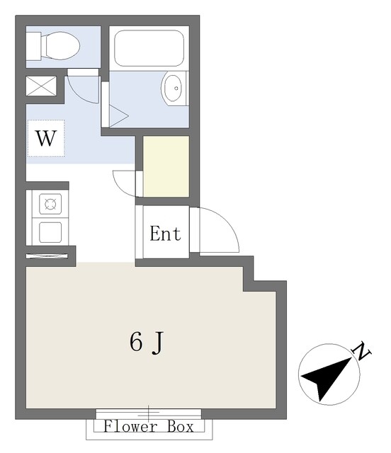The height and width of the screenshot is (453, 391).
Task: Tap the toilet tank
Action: click(33, 46)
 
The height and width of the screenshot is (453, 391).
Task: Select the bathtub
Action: click(149, 48)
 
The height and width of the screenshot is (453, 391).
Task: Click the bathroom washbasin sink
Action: click(174, 88)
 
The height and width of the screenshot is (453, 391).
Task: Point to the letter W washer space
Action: click(46, 139)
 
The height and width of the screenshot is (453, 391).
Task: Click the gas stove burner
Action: click(50, 205)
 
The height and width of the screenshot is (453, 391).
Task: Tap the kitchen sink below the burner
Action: click(50, 232)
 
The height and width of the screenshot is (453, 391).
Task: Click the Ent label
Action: click(166, 234)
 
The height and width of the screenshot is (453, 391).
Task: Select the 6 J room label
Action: click(147, 343)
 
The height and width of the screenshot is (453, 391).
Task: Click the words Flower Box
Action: click(149, 427)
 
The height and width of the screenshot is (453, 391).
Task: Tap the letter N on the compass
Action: click(361, 351)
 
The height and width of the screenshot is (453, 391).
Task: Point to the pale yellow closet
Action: click(166, 167)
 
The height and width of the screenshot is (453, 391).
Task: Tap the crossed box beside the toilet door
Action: click(41, 86)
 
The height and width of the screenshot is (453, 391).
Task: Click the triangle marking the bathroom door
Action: click(119, 116)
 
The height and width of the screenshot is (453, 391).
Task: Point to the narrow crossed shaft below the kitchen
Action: click(47, 256)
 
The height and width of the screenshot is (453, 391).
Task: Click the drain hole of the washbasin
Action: click(176, 88)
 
